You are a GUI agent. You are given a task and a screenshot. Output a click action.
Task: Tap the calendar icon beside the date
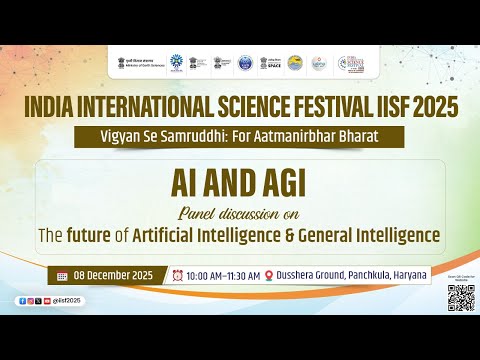[x=62, y=275]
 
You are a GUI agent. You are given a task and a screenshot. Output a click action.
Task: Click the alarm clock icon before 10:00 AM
[x=177, y=275]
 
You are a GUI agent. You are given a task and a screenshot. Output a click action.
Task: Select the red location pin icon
[x=269, y=275]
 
